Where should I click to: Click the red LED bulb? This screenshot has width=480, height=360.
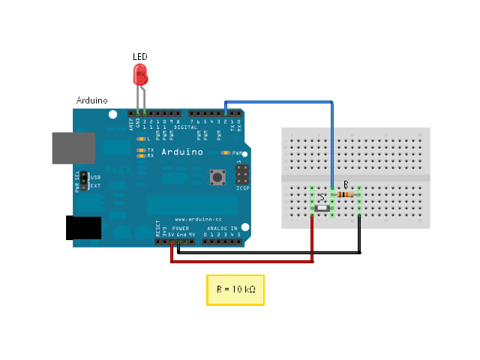coord(140,74)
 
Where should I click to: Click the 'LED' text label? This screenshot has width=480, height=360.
coord(140,57)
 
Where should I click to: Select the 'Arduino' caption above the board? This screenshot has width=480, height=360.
coord(92,100)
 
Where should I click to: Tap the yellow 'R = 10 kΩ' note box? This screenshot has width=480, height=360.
coord(235,289)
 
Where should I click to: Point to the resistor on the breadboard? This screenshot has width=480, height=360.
coord(346,194)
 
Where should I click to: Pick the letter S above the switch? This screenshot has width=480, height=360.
coord(322,197)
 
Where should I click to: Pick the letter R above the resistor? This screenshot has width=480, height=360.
coord(346,184)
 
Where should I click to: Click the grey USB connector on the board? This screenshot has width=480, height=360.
coord(73,148)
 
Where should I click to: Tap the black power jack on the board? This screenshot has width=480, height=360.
coord(83,227)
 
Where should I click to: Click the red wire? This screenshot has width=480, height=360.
coord(240,262)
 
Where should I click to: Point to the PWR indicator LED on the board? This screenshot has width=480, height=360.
coord(225,152)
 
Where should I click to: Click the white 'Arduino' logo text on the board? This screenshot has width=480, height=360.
coord(182,151)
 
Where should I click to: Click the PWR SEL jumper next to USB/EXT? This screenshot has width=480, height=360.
coord(85,181)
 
